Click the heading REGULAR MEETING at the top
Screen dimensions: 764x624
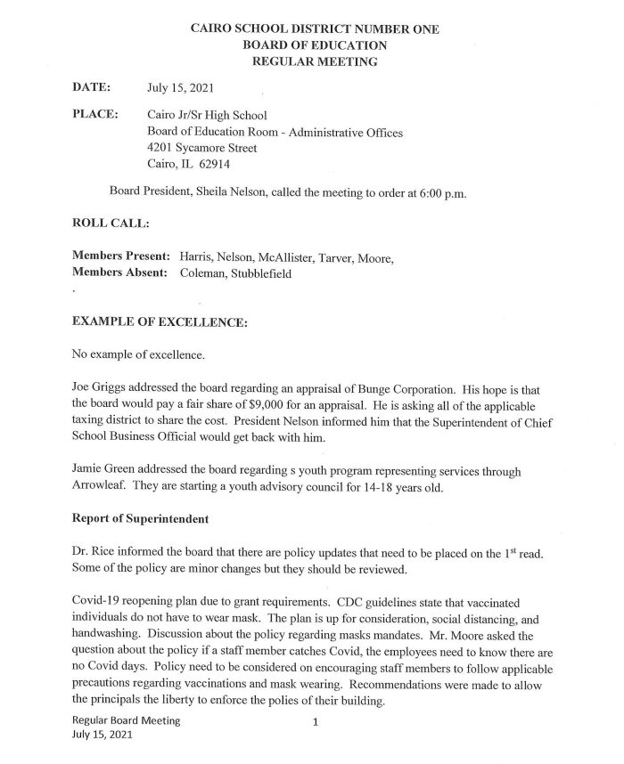coord(315,61)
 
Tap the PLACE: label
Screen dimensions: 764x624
coord(94,116)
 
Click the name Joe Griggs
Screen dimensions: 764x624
coord(100,389)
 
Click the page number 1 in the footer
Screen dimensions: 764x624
coord(316,722)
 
